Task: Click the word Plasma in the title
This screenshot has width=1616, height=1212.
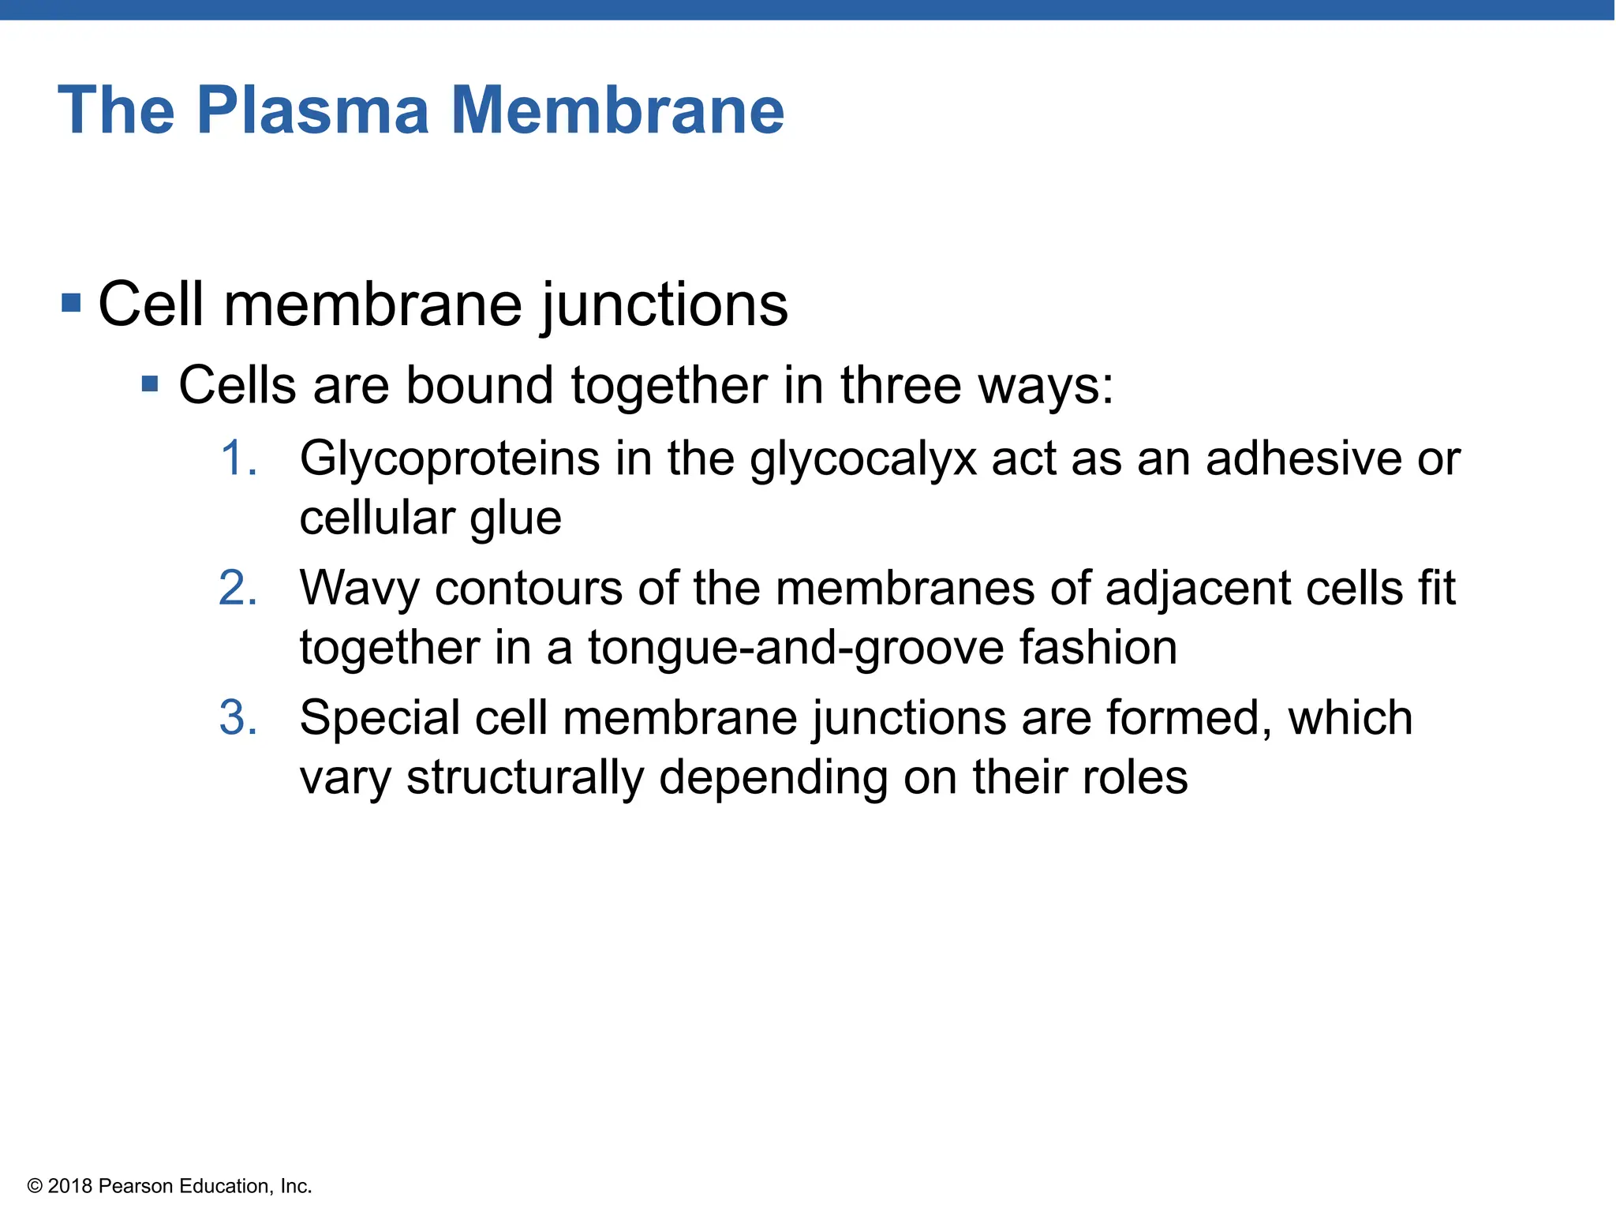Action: [312, 110]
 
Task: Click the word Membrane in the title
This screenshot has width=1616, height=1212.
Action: [617, 110]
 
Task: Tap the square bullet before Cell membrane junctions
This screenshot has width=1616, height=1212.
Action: [71, 302]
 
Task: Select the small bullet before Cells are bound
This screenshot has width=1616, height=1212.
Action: [150, 385]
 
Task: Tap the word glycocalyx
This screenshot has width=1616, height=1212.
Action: [863, 459]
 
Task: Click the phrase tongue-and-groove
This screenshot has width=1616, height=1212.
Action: [796, 649]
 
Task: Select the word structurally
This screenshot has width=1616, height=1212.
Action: [525, 778]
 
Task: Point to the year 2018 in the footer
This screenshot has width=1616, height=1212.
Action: [70, 1186]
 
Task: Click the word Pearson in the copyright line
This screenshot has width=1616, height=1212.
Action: [137, 1186]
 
